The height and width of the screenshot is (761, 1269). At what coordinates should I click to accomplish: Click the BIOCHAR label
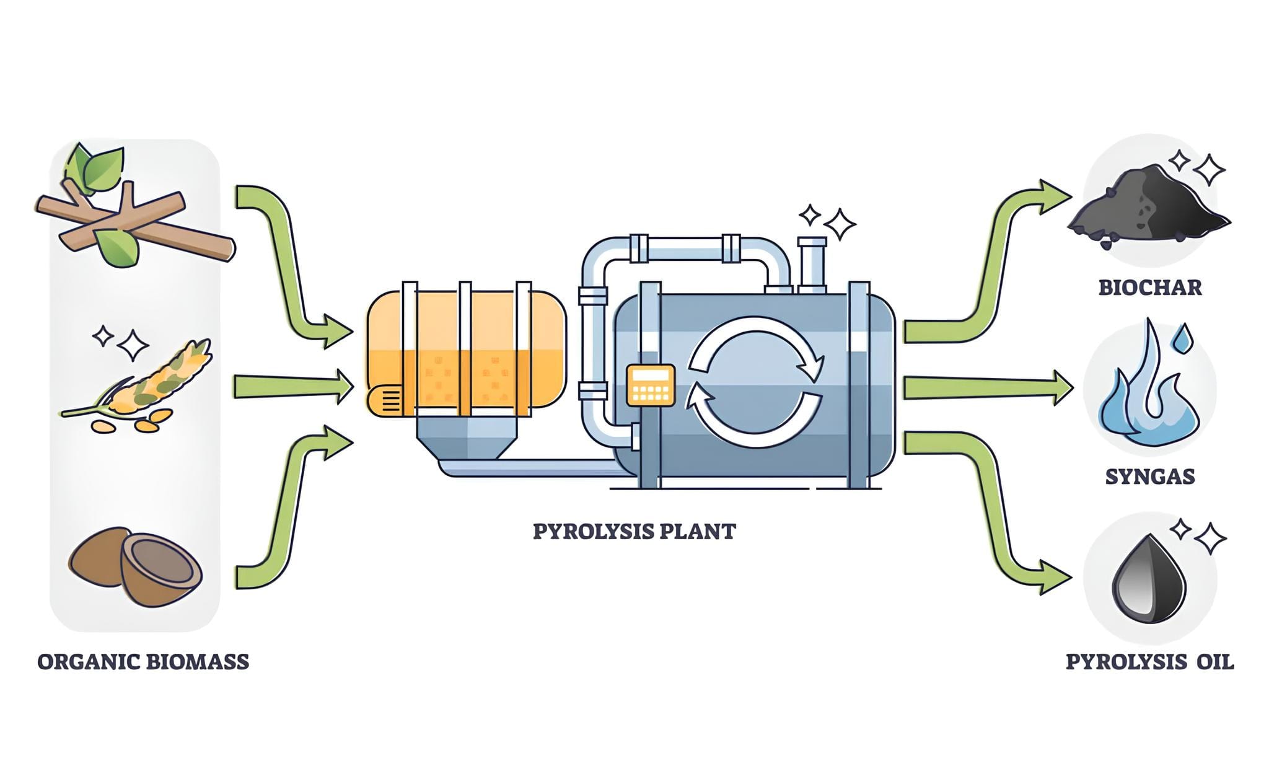point(1149,288)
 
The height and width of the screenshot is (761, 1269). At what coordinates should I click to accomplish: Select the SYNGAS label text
point(1149,477)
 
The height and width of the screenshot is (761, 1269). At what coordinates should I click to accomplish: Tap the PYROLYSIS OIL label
point(1149,662)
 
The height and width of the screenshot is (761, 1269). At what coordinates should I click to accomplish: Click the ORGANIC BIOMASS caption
point(143,662)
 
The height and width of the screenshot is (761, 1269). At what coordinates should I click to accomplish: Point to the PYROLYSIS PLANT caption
point(634,532)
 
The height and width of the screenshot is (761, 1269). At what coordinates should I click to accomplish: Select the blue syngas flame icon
point(1146,397)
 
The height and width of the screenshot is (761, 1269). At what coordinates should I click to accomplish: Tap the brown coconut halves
point(136,564)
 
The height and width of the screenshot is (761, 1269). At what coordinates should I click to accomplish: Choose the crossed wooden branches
point(133,220)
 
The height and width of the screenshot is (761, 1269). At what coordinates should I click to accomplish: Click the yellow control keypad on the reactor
point(650,385)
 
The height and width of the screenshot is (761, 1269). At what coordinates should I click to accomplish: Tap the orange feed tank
point(466,350)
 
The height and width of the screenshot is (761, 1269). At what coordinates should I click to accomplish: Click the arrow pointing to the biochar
point(991,260)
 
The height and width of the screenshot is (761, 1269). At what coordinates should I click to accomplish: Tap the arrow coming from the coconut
point(291,508)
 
